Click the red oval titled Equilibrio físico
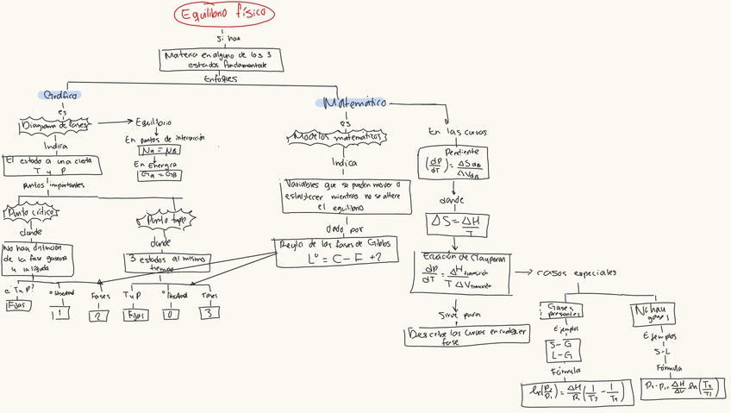[x=224, y=15]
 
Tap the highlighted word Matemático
[x=353, y=103]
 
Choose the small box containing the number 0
[x=171, y=315]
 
